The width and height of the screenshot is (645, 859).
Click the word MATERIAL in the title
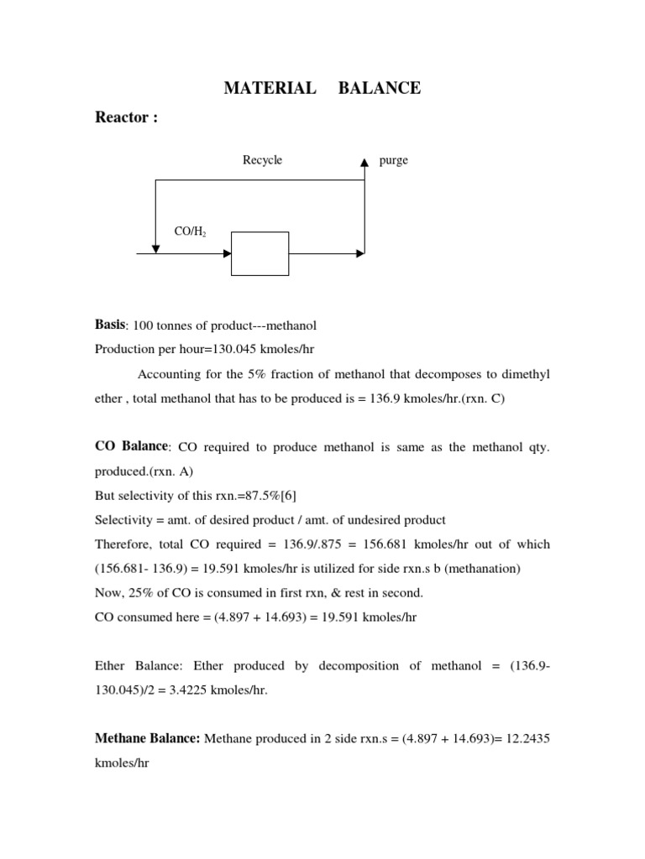[270, 88]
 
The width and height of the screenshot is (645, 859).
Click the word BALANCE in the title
[380, 88]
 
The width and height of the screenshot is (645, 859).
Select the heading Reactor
[127, 118]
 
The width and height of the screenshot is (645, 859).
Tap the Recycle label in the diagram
[263, 160]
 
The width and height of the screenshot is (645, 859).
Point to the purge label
[394, 160]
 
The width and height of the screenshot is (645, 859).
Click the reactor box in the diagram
[260, 253]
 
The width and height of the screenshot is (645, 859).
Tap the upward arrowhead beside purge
[364, 162]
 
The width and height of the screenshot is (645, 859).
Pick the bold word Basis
[111, 325]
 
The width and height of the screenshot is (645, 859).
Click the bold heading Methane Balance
[147, 738]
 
